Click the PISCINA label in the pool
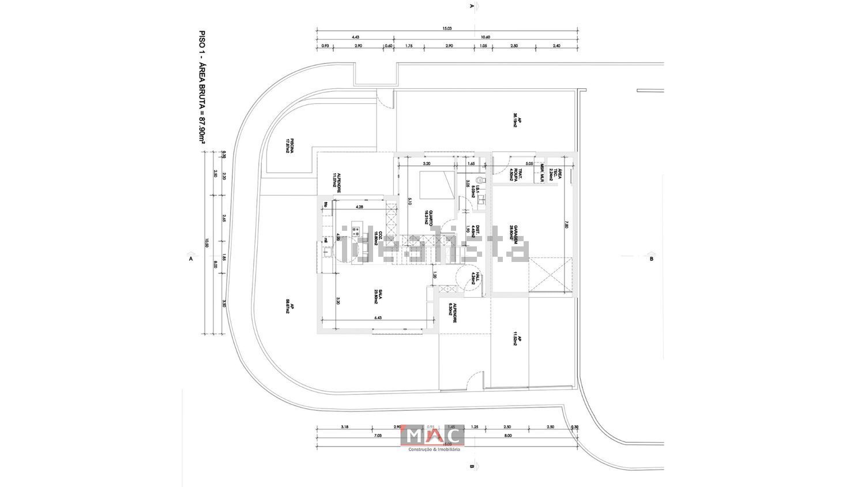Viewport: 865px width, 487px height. (x=290, y=145)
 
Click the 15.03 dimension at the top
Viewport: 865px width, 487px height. (x=447, y=28)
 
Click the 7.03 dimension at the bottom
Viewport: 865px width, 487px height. (x=378, y=436)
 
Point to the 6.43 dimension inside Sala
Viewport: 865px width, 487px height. (x=378, y=317)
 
